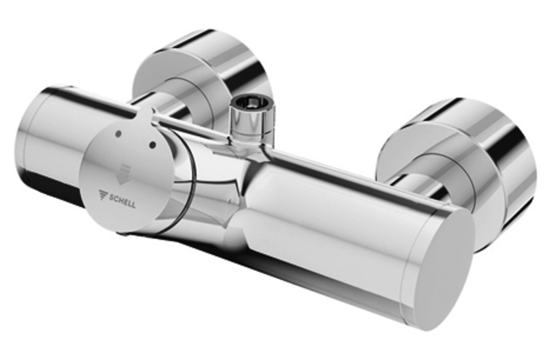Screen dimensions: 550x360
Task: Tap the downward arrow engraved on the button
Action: (123, 175)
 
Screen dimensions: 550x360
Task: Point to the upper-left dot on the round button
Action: (118, 133)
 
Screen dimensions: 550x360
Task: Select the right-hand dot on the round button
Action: (153, 144)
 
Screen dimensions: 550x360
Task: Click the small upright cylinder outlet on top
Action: (251, 116)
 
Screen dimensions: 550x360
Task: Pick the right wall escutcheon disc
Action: (456, 168)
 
